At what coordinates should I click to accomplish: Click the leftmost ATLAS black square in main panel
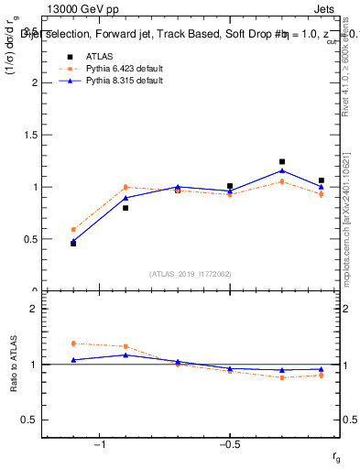click(x=73, y=244)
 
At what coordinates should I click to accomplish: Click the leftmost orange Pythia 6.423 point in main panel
click(x=73, y=230)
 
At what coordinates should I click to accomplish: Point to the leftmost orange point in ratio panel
click(x=73, y=344)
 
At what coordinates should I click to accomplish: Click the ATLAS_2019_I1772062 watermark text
click(x=190, y=273)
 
